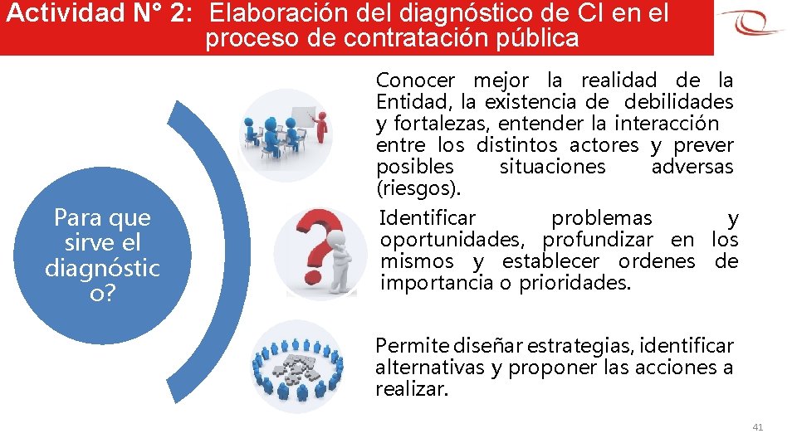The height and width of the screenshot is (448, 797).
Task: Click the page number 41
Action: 757,426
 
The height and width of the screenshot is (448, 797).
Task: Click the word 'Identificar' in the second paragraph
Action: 428,218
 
